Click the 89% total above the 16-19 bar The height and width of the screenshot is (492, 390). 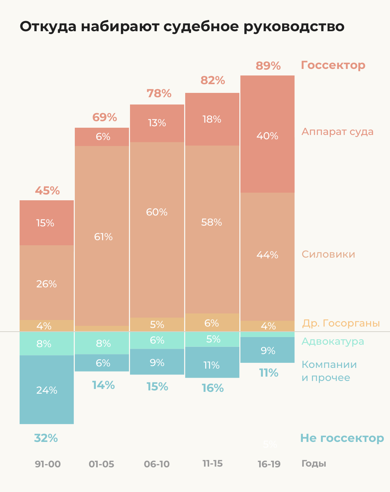click(268, 66)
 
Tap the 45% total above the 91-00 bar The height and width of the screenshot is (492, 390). click(47, 190)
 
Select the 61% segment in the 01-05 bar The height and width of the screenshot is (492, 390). click(103, 237)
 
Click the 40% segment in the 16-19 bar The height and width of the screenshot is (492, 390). click(267, 136)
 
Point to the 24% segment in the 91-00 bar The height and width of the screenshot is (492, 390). click(47, 390)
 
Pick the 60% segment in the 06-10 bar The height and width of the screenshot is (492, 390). click(157, 212)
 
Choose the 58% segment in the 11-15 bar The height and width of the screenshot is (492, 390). click(212, 222)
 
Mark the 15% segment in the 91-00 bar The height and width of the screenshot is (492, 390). click(45, 223)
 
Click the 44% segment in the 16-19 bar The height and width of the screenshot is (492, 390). click(267, 255)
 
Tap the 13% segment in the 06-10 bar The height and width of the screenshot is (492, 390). click(157, 123)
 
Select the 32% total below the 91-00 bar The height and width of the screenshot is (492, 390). click(46, 438)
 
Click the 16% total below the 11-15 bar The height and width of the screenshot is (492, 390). click(212, 388)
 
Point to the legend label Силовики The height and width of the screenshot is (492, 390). click(328, 254)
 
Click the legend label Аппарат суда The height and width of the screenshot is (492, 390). click(337, 131)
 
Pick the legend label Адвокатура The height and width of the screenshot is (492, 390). click(333, 341)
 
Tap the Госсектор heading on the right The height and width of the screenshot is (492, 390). click(333, 65)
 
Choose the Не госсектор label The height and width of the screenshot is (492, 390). click(342, 438)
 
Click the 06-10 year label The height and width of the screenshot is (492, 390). click(157, 464)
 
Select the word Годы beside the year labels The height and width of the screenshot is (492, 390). click(314, 464)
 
